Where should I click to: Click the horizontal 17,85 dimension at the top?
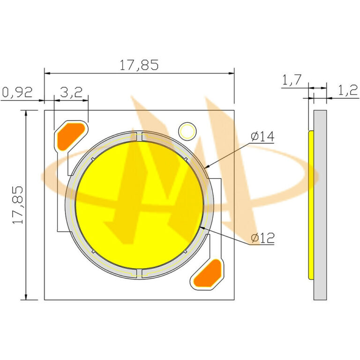[x=139, y=65]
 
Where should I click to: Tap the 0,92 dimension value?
[x=17, y=92]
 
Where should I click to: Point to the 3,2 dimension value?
[x=71, y=92]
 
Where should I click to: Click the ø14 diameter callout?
[x=262, y=137]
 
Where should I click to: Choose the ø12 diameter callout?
[x=262, y=238]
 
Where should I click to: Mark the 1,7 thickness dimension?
[x=291, y=81]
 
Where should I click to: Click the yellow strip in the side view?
[x=311, y=204]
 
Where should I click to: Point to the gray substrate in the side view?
[x=320, y=204]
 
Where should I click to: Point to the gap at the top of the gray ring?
[x=139, y=136]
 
